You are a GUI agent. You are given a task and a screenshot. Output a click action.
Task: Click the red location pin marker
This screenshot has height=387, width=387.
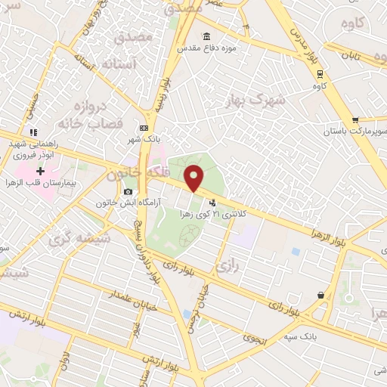click(x=195, y=178)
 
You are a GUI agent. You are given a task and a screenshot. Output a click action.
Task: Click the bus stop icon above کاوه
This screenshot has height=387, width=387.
click(x=320, y=73)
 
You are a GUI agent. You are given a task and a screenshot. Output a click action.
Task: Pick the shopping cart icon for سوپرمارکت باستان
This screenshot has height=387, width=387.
click(x=355, y=119)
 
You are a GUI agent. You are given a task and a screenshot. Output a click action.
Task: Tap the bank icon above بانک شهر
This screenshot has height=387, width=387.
click(x=144, y=128)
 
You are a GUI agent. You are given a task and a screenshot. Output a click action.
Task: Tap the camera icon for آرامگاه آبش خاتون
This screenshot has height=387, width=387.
click(x=128, y=191)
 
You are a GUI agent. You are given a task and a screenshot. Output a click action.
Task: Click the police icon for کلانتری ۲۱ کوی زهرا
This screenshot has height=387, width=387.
click(x=212, y=202)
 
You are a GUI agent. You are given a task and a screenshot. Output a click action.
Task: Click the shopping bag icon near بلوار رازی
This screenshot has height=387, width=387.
click(x=321, y=296)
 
